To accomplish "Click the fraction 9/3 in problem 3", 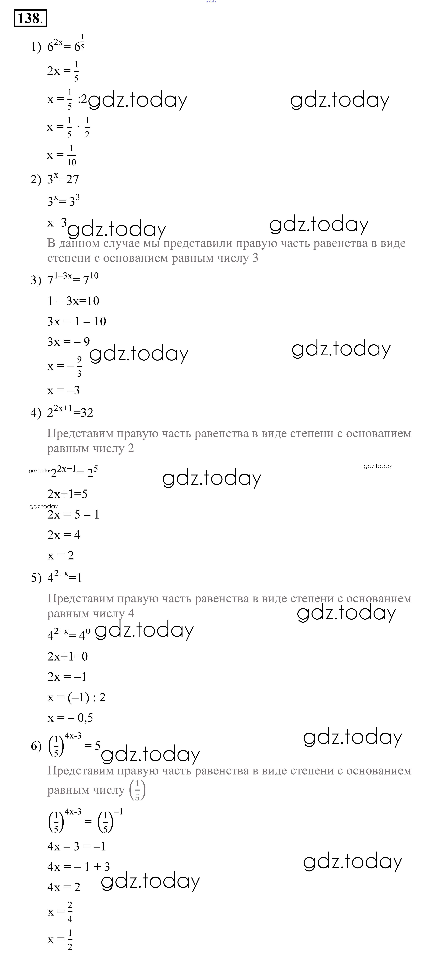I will click(x=79, y=366).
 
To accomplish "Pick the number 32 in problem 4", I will click(x=87, y=413).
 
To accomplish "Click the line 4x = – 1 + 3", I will click(x=79, y=867).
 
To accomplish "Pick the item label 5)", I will click(x=36, y=578).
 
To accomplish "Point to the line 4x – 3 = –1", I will click(x=76, y=846).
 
